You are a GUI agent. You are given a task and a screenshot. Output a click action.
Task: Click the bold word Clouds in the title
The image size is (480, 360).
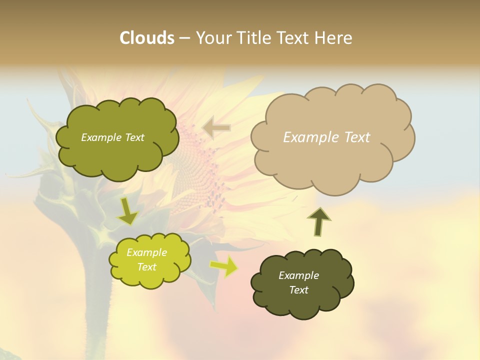(x=146, y=38)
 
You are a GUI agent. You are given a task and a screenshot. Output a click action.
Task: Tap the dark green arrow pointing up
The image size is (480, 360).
(x=318, y=221)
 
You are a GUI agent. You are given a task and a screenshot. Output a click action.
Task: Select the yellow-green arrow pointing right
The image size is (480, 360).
(x=223, y=266)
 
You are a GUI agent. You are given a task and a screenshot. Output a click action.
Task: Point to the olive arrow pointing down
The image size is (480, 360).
(x=127, y=211)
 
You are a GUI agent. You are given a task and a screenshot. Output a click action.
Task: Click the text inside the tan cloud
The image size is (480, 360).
(x=326, y=137)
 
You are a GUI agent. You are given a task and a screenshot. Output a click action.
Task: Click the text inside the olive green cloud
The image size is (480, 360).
(x=112, y=137)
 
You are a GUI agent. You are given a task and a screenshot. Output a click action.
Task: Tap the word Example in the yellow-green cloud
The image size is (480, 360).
(x=146, y=252)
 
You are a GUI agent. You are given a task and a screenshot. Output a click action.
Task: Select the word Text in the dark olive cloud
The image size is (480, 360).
(x=298, y=290)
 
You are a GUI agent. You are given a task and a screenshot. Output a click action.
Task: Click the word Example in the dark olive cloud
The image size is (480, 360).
(x=298, y=275)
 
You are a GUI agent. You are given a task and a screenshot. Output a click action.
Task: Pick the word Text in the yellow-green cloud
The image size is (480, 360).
(x=146, y=267)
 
